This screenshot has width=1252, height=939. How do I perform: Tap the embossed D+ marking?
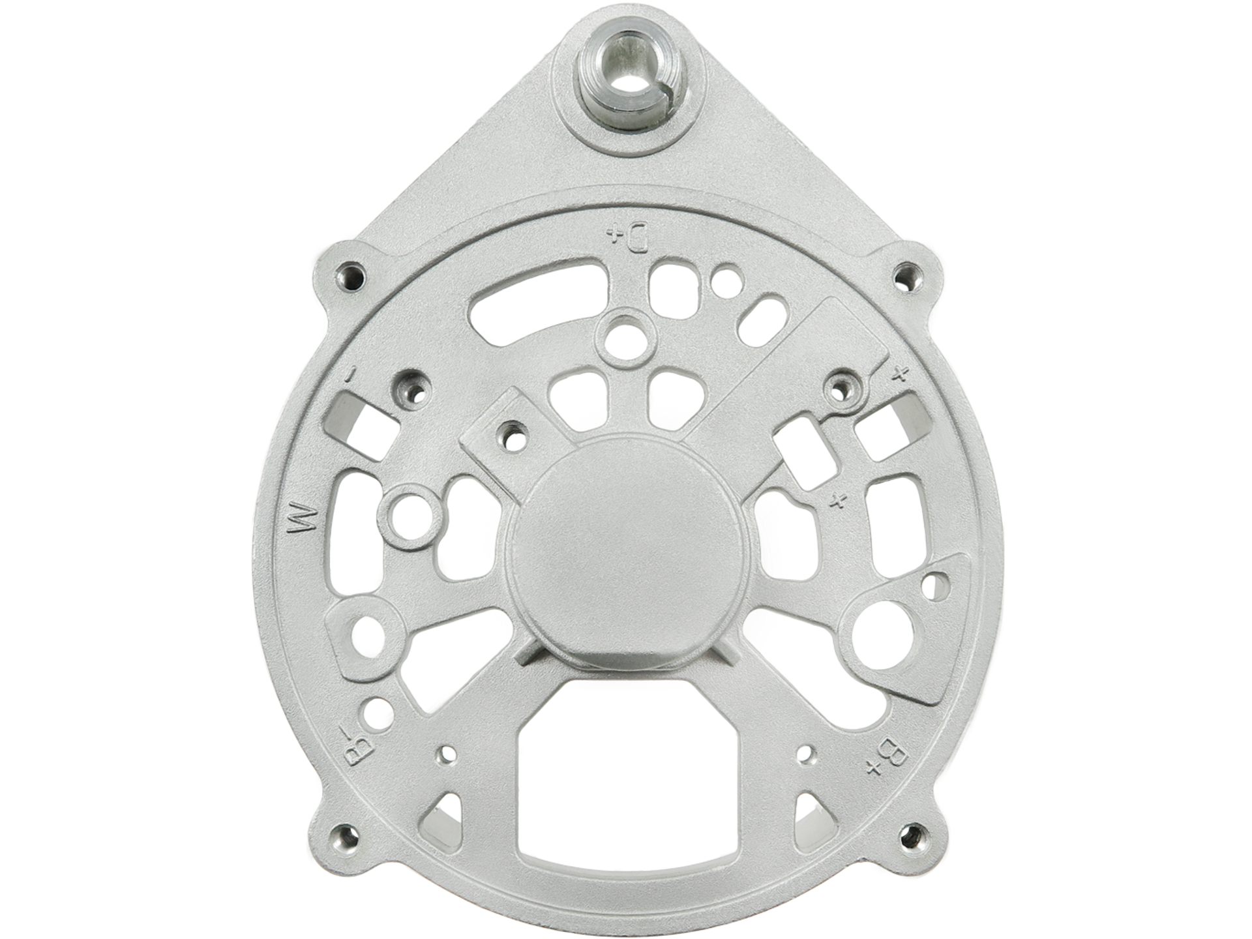point(626,238)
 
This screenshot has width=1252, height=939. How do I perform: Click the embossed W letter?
point(304,518)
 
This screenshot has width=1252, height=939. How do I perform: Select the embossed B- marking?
point(356,749)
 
